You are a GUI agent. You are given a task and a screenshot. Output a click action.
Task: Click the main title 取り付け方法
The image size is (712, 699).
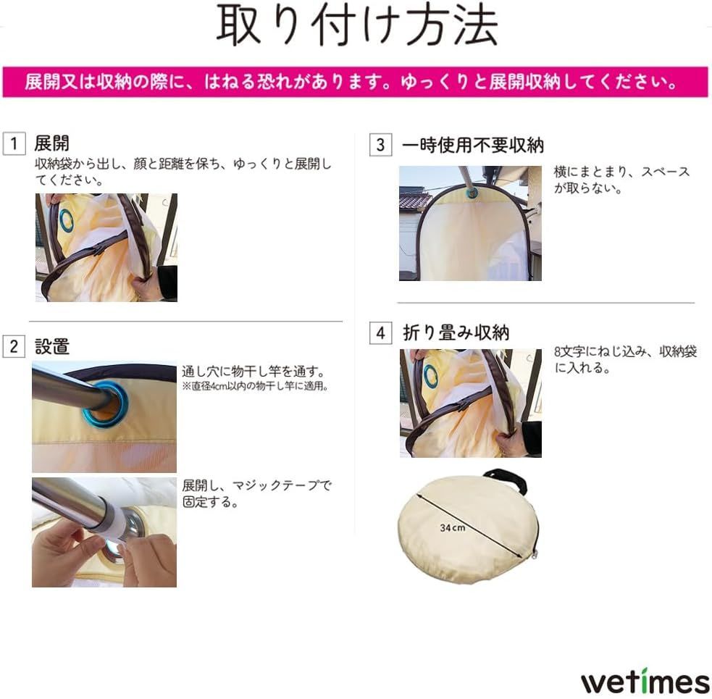[x=356, y=28]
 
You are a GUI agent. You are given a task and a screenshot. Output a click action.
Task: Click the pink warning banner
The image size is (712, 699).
[x=355, y=82]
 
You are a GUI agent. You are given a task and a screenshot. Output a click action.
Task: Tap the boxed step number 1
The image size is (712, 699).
[x=14, y=143]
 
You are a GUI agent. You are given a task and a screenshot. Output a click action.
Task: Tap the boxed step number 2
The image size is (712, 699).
[x=14, y=346]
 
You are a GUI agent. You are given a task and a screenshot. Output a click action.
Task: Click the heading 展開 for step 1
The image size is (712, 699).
[x=52, y=143]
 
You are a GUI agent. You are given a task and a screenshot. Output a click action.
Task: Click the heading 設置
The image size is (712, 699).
[x=52, y=346]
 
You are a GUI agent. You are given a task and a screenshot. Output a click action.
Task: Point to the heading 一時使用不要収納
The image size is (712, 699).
[x=472, y=145]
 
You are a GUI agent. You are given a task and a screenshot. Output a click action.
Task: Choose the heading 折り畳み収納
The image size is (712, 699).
[x=456, y=333]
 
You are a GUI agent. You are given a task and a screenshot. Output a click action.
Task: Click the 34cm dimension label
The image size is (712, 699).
[x=453, y=528]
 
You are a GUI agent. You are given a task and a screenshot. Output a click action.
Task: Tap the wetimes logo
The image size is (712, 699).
[x=645, y=682]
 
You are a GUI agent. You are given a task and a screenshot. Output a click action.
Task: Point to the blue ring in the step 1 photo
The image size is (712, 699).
[x=66, y=220]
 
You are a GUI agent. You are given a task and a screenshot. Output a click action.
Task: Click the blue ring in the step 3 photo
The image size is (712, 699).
[x=472, y=193]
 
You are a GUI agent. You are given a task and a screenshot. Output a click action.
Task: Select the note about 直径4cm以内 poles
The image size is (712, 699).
[x=256, y=387]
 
